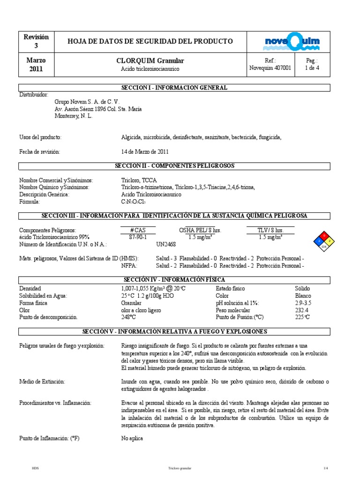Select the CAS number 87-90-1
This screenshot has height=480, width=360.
pyautogui.click(x=137, y=237)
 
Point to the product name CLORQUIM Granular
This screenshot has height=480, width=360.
pyautogui.click(x=150, y=61)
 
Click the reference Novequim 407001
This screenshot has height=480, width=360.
pyautogui.click(x=270, y=68)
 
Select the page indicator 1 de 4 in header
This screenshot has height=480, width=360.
pyautogui.click(x=312, y=68)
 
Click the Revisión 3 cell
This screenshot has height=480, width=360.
pyautogui.click(x=36, y=41)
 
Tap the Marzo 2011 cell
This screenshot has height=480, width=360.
pyautogui.click(x=36, y=65)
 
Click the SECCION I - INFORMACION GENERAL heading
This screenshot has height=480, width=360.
pyautogui.click(x=174, y=88)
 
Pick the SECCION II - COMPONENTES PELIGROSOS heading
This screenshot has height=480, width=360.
pyautogui.click(x=174, y=166)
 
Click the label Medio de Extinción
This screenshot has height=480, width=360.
pyautogui.click(x=42, y=382)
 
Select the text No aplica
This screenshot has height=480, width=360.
pyautogui.click(x=132, y=438)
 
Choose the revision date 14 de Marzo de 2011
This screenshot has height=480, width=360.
pyautogui.click(x=145, y=152)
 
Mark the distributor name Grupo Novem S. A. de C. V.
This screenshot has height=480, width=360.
pyautogui.click(x=87, y=102)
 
